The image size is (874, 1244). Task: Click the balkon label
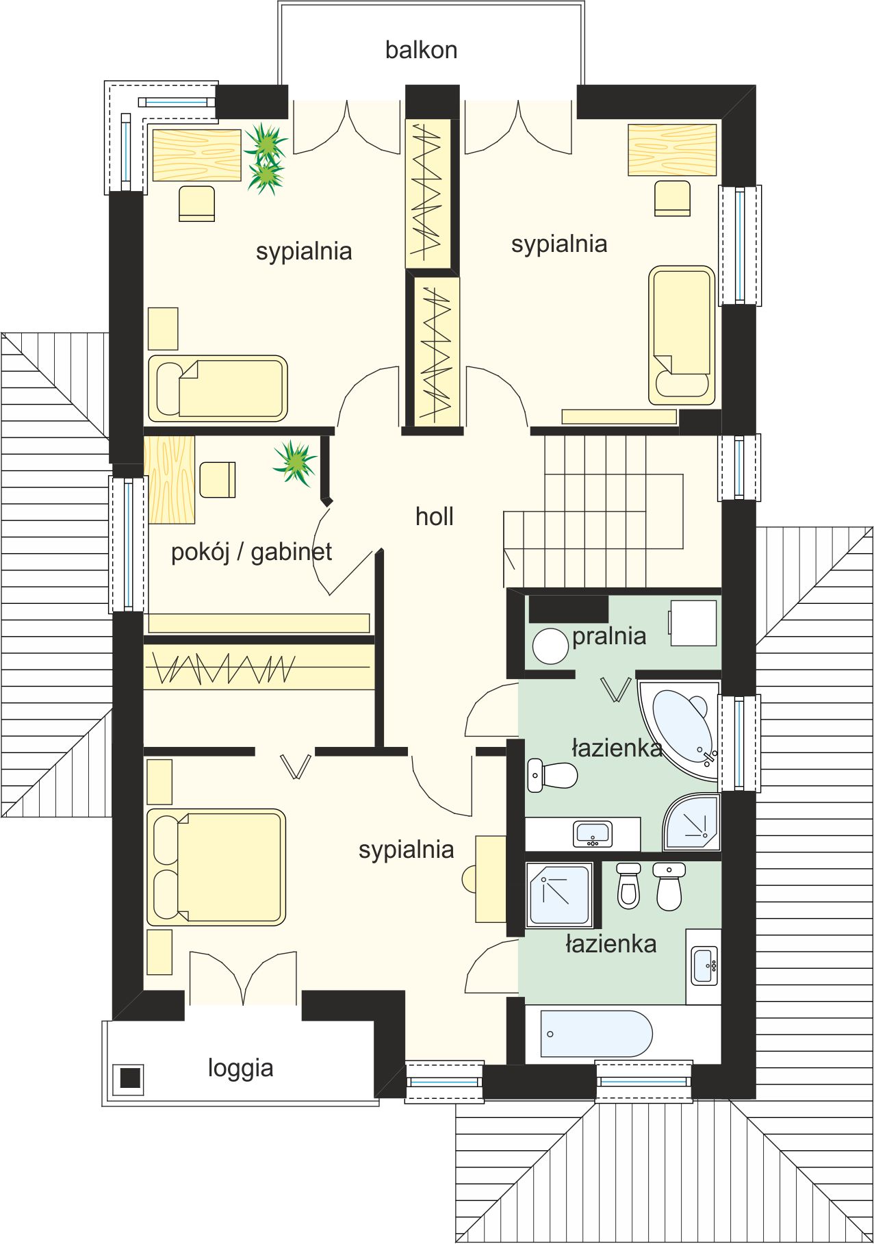tap(421, 50)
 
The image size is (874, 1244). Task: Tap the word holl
tap(435, 516)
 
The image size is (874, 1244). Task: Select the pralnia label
tap(609, 636)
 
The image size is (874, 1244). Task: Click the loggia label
tap(241, 1068)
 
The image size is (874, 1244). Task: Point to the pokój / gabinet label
tap(251, 552)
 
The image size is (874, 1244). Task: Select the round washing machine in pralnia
tap(550, 646)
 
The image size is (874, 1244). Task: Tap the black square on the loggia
tap(130, 1078)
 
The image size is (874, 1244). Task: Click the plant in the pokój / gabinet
tap(295, 463)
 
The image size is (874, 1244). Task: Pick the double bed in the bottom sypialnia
tap(216, 867)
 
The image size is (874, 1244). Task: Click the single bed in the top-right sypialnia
tap(682, 335)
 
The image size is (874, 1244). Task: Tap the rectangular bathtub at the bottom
tap(596, 1034)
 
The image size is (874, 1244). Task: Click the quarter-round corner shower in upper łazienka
tap(692, 821)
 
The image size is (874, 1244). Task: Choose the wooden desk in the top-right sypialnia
tap(672, 150)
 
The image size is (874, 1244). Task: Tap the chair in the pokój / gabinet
tap(218, 479)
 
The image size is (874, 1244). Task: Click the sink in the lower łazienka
tap(704, 965)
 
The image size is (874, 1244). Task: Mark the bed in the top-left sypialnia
tap(218, 388)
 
